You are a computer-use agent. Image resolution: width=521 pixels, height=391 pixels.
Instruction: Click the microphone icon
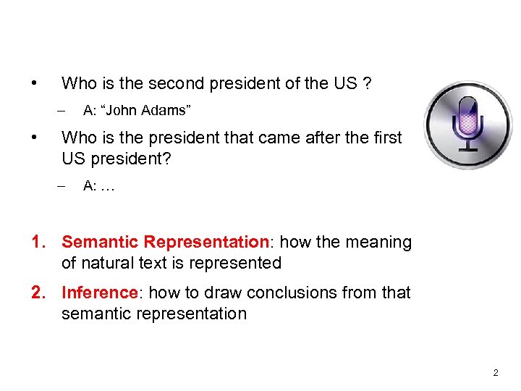tap(467, 124)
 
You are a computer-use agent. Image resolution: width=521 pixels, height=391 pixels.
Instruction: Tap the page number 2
tap(495, 373)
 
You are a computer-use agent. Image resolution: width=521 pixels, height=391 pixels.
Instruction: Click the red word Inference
tap(100, 293)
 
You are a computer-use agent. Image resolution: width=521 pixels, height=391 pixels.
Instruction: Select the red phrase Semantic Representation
tap(165, 242)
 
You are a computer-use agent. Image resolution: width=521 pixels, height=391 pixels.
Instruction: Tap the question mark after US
tap(368, 83)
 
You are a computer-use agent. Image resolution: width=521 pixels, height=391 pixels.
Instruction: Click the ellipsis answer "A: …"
tap(99, 185)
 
